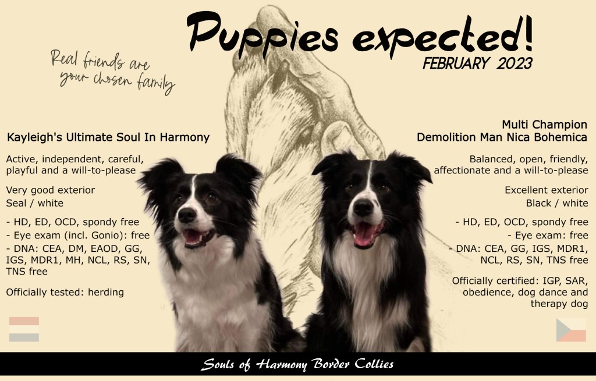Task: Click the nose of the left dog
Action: (187, 215)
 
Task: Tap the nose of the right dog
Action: (363, 208)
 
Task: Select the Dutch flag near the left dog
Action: (24, 329)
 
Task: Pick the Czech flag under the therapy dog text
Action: (571, 330)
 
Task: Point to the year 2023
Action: (514, 63)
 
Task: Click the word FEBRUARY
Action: (456, 63)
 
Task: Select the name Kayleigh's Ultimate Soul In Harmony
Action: (108, 137)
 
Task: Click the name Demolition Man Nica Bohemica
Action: (502, 137)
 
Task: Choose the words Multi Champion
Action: (544, 124)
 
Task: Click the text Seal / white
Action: (34, 203)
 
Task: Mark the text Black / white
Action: (557, 203)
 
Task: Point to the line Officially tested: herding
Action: (65, 292)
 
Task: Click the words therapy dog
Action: (559, 304)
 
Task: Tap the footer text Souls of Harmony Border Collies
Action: (297, 364)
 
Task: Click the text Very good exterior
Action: (51, 190)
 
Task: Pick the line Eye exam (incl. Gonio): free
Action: (78, 236)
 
